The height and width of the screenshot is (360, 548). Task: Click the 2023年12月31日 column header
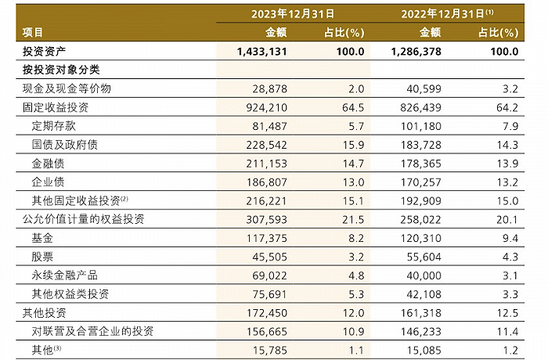293,13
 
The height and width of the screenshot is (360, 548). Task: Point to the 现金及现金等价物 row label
67,88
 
